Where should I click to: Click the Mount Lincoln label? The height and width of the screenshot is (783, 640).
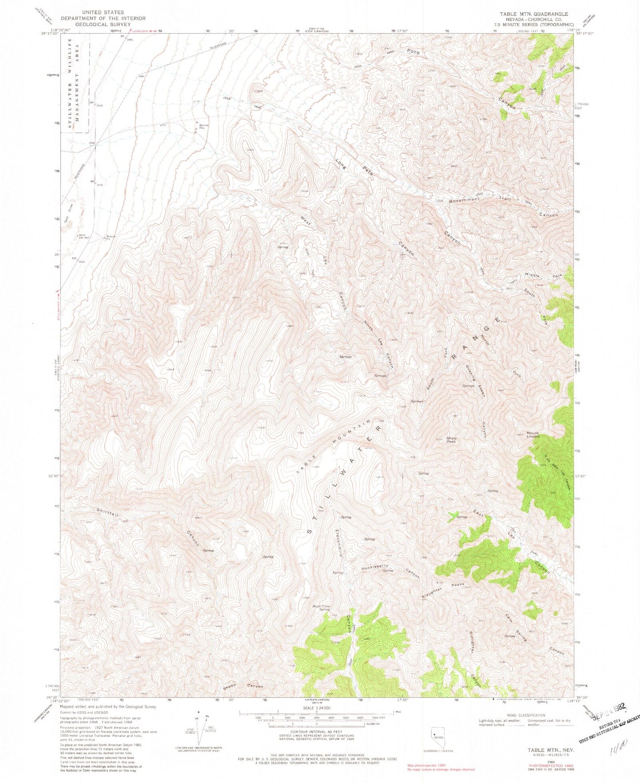point(533,435)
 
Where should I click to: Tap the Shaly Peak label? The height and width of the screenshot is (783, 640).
point(451,440)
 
